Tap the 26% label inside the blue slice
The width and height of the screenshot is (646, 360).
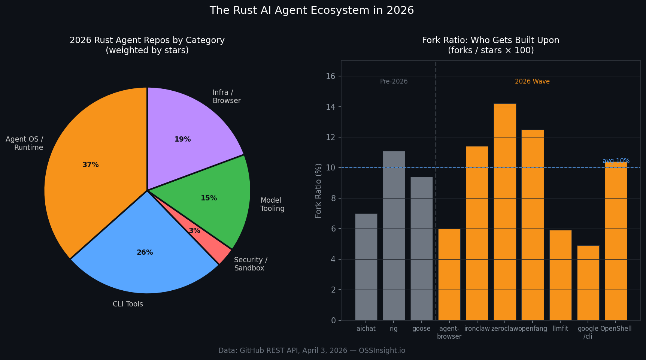(x=145, y=252)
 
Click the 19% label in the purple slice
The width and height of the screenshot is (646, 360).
(x=182, y=139)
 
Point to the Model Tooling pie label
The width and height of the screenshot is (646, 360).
(x=272, y=205)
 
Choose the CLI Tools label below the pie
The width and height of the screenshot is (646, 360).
(x=128, y=304)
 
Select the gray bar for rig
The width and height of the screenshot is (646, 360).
(x=394, y=236)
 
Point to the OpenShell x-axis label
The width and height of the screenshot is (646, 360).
(x=616, y=329)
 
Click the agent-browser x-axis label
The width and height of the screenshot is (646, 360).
(x=449, y=333)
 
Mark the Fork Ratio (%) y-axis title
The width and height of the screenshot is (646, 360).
(x=318, y=190)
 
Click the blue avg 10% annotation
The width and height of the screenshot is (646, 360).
(x=616, y=161)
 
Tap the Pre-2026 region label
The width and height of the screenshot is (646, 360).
(x=394, y=81)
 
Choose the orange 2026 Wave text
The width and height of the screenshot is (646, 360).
(x=532, y=81)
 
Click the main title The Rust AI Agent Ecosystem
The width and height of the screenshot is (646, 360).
(x=312, y=10)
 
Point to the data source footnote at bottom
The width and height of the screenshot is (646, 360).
(x=312, y=351)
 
